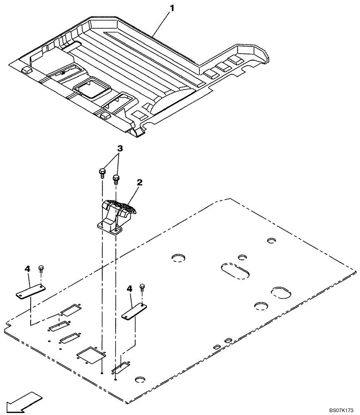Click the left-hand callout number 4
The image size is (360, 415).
click(27, 269)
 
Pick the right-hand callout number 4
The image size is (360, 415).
click(130, 288)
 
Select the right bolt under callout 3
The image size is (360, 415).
click(116, 179)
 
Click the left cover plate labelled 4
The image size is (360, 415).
click(31, 290)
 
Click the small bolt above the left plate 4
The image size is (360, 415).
click(41, 269)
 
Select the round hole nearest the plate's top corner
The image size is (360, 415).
click(272, 240)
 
